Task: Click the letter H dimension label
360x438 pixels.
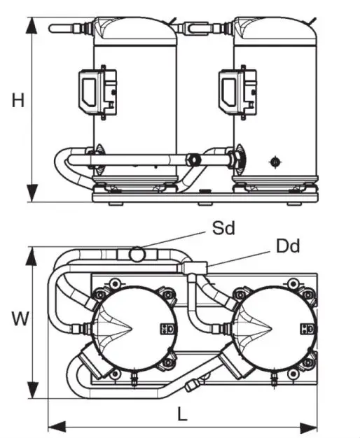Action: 18,101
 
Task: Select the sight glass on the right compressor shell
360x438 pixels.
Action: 275,162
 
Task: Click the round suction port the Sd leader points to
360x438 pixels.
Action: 139,251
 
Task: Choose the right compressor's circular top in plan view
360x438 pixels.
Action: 268,326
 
